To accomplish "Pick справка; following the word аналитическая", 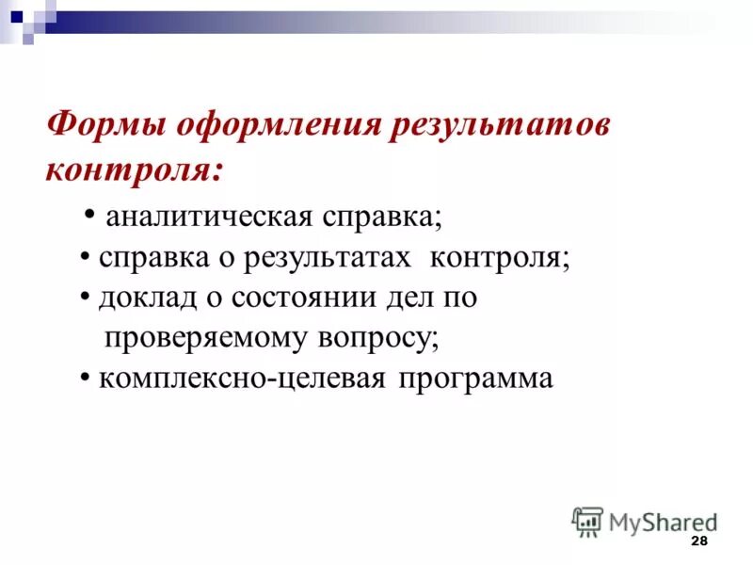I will pos(383,217).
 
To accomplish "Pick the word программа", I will pos(475,379).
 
